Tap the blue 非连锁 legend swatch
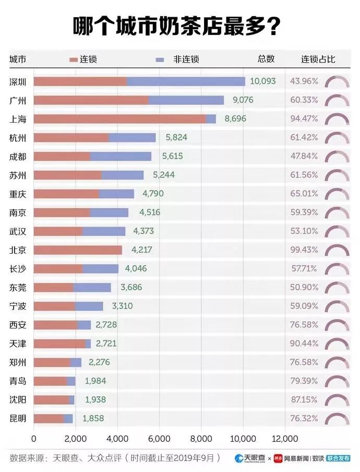[160, 60]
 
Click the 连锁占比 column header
[318, 59]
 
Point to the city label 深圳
[18, 81]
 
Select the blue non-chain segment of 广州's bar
[186, 100]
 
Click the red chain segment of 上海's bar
[120, 119]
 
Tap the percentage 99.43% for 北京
[304, 250]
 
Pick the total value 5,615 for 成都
[173, 156]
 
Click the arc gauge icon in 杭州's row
[337, 138]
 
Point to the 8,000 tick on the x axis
[201, 438]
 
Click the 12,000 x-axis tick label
[284, 438]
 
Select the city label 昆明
[18, 419]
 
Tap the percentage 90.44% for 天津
[304, 344]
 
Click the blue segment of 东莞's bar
[92, 287]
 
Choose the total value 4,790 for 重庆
[153, 194]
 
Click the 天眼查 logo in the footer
[250, 458]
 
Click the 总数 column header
[266, 59]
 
